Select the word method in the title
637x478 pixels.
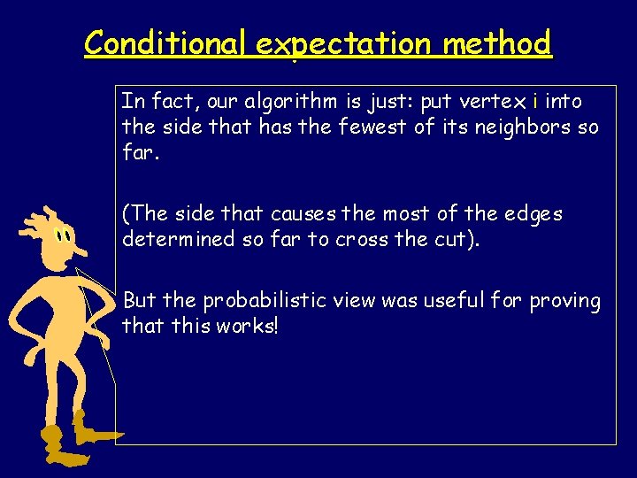click(x=498, y=42)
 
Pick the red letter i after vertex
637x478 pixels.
click(x=536, y=101)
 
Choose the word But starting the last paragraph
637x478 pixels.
click(x=138, y=301)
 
